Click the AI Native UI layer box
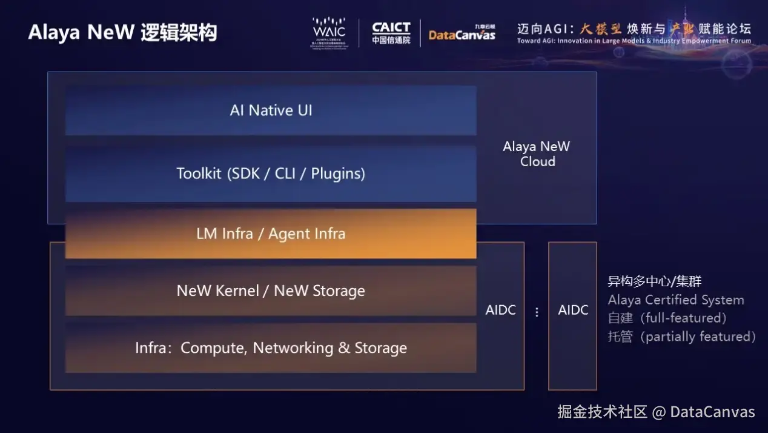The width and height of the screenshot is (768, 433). [271, 110]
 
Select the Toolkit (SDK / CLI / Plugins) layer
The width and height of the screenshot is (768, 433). [271, 173]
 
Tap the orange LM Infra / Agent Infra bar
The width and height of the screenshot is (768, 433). [271, 233]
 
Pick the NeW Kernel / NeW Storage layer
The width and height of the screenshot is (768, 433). [271, 290]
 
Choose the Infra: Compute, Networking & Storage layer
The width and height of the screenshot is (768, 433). [271, 348]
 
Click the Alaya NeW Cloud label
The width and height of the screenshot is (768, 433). [537, 154]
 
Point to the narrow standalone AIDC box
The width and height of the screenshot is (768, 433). [572, 315]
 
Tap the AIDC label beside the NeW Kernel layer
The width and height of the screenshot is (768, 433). [500, 310]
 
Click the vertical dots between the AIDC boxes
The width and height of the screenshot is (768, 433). [537, 312]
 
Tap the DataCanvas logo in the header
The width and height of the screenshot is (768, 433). [462, 33]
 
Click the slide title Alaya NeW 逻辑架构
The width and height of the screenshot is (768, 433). [122, 32]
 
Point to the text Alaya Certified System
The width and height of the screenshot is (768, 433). [676, 300]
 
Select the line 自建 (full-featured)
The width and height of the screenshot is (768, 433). [667, 318]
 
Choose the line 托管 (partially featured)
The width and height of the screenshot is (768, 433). [682, 337]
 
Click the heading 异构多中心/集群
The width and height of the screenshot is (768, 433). [655, 281]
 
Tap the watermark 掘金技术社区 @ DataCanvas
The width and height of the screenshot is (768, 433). [656, 412]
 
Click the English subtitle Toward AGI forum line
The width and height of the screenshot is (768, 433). [634, 41]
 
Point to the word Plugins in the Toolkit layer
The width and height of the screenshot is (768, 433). [338, 174]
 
